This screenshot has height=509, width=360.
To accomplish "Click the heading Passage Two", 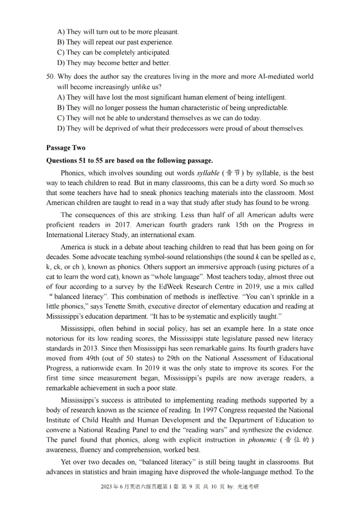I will tap(66, 147).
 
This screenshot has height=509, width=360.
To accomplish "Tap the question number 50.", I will tap(50, 76).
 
